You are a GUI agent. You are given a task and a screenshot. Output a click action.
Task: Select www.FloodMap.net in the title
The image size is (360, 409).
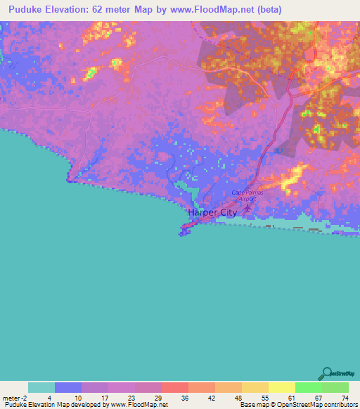tap(210, 10)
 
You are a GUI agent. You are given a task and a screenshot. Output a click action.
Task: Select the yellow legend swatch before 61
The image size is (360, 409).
tap(281, 387)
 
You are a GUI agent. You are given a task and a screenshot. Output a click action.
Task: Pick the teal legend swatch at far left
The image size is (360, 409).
tap(41, 387)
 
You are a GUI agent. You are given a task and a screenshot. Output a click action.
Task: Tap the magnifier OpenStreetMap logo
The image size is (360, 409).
tap(326, 374)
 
